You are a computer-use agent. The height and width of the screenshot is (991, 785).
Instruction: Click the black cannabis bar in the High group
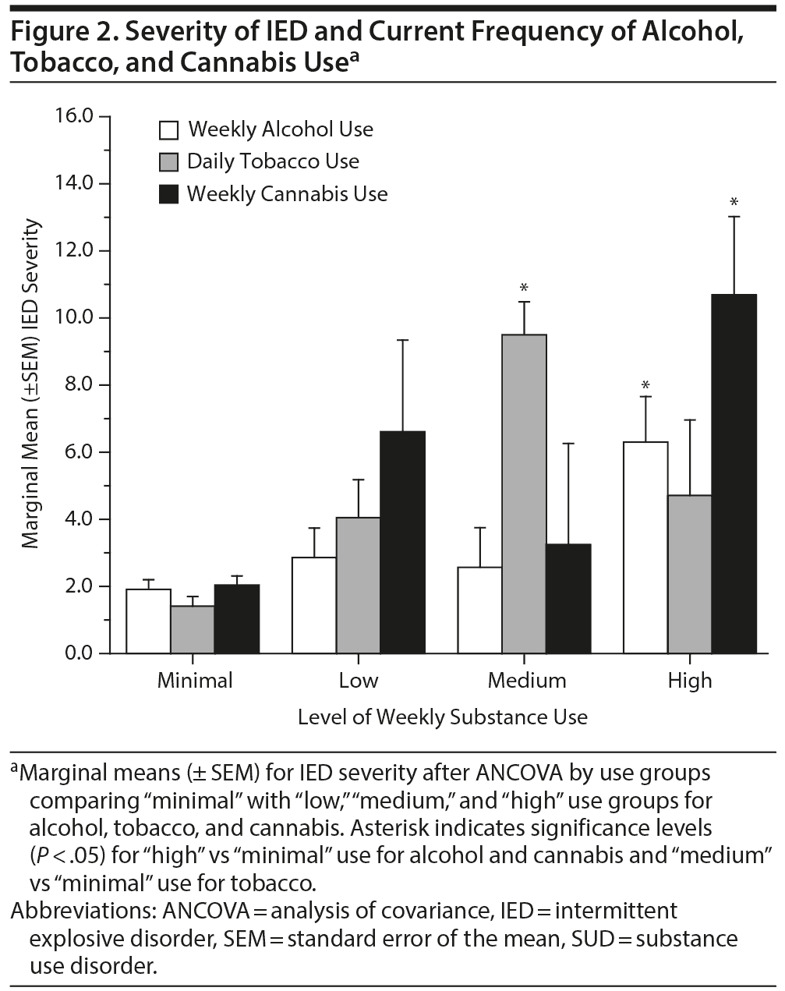coord(734,473)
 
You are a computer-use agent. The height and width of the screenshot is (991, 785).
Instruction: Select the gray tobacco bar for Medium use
coord(524,494)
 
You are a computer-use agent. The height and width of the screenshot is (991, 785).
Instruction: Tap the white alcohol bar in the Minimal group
coord(148,621)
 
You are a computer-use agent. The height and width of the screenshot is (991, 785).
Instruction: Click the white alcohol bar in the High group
coord(645,547)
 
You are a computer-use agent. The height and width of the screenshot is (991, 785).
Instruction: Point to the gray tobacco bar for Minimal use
coord(193,629)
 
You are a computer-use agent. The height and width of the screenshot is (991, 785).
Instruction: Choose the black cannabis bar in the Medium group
coord(568,598)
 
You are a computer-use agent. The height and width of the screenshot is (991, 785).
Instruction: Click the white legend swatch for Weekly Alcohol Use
coord(169,130)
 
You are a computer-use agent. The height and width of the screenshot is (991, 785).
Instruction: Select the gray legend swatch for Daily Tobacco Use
coord(169,162)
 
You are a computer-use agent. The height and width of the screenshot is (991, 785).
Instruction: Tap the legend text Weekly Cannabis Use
coord(287,194)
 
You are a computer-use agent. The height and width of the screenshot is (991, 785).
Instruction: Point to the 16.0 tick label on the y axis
coord(74,116)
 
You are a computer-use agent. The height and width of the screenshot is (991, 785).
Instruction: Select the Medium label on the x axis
coord(527,681)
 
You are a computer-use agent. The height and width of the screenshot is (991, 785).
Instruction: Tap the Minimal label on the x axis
coord(195,681)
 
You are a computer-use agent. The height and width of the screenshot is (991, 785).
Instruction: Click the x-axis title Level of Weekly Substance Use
coord(442,717)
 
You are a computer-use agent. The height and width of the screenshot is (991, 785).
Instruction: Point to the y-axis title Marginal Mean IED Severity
coord(30,384)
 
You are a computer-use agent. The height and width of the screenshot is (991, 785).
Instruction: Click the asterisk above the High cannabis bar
coord(734,203)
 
